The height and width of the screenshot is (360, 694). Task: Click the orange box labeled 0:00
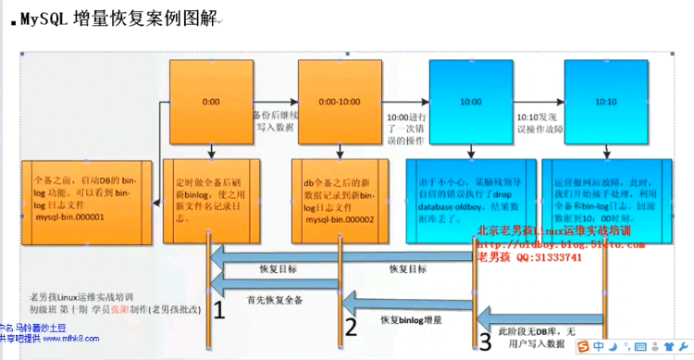pyautogui.click(x=210, y=99)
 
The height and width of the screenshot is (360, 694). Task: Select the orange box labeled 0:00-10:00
pyautogui.click(x=340, y=99)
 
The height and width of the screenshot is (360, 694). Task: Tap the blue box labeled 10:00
pyautogui.click(x=470, y=99)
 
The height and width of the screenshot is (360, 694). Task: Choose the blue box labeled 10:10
pyautogui.click(x=605, y=99)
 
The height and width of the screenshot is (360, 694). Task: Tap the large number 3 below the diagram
pyautogui.click(x=485, y=341)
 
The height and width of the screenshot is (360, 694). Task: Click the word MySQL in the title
pyautogui.click(x=44, y=18)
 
